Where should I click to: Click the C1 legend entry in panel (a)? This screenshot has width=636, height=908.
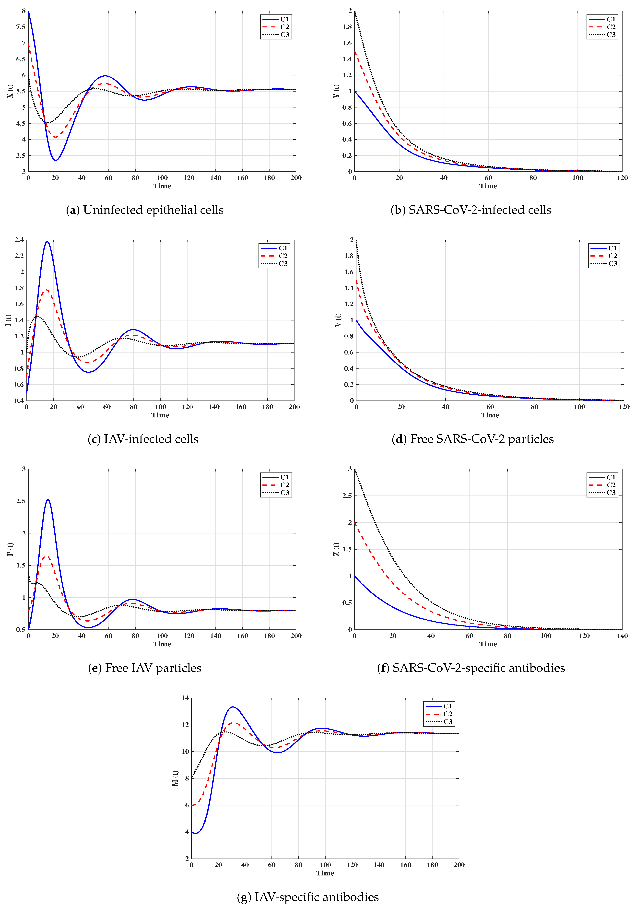[284, 19]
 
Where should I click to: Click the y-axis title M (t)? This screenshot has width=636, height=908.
[175, 778]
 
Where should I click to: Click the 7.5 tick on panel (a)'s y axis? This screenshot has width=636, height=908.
[21, 27]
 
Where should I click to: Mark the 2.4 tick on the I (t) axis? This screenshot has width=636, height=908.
[19, 240]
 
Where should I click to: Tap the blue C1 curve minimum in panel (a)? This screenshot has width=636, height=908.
[56, 160]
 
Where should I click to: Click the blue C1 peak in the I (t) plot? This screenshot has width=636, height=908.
[47, 242]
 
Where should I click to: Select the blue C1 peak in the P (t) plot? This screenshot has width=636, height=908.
[48, 499]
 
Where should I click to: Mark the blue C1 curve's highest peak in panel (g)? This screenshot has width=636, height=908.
[233, 707]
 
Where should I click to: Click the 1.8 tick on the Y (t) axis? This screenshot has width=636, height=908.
[347, 27]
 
